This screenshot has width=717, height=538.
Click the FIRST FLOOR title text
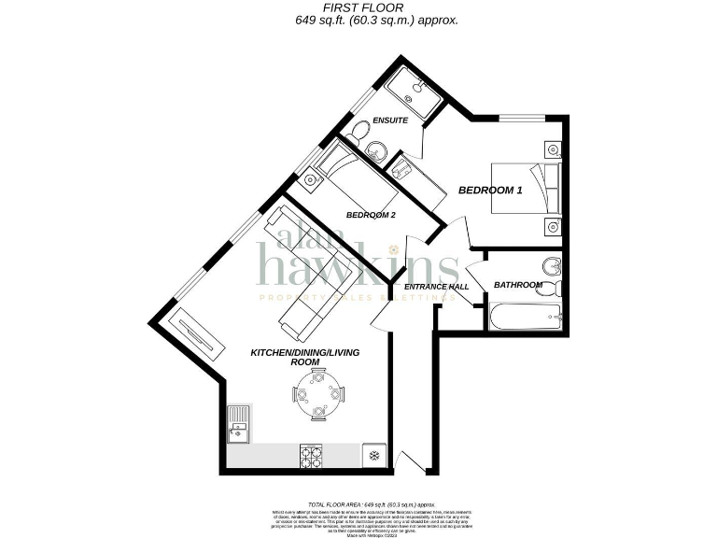[x=359, y=7]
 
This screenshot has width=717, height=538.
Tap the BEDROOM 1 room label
[x=490, y=191]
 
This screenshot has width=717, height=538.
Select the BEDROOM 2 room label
[x=370, y=215]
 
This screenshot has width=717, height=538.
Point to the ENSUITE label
[x=388, y=121]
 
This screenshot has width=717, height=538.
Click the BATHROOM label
[x=518, y=285]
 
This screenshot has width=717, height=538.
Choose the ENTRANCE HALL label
[x=436, y=287]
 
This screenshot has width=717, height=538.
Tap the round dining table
[x=318, y=395]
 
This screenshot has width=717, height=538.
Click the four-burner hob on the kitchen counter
[x=312, y=455]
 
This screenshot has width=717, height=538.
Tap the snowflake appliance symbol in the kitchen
[x=374, y=455]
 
